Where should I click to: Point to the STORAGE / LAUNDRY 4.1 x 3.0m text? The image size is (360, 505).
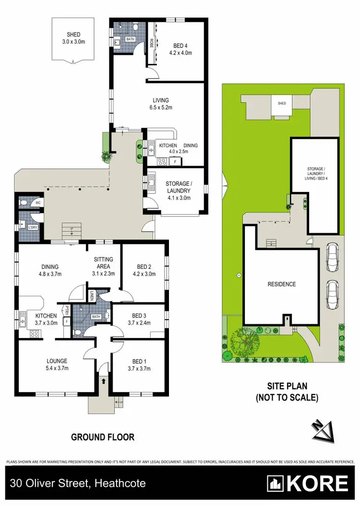click(x=178, y=190)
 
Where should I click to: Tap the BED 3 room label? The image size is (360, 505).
click(x=140, y=319)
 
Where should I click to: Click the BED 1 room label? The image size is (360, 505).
click(x=140, y=365)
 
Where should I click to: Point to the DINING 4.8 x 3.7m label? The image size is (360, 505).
click(x=49, y=271)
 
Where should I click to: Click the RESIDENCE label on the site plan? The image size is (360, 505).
click(x=281, y=284)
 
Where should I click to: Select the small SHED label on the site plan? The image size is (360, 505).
click(x=282, y=103)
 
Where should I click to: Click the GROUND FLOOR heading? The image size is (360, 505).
click(x=103, y=437)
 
